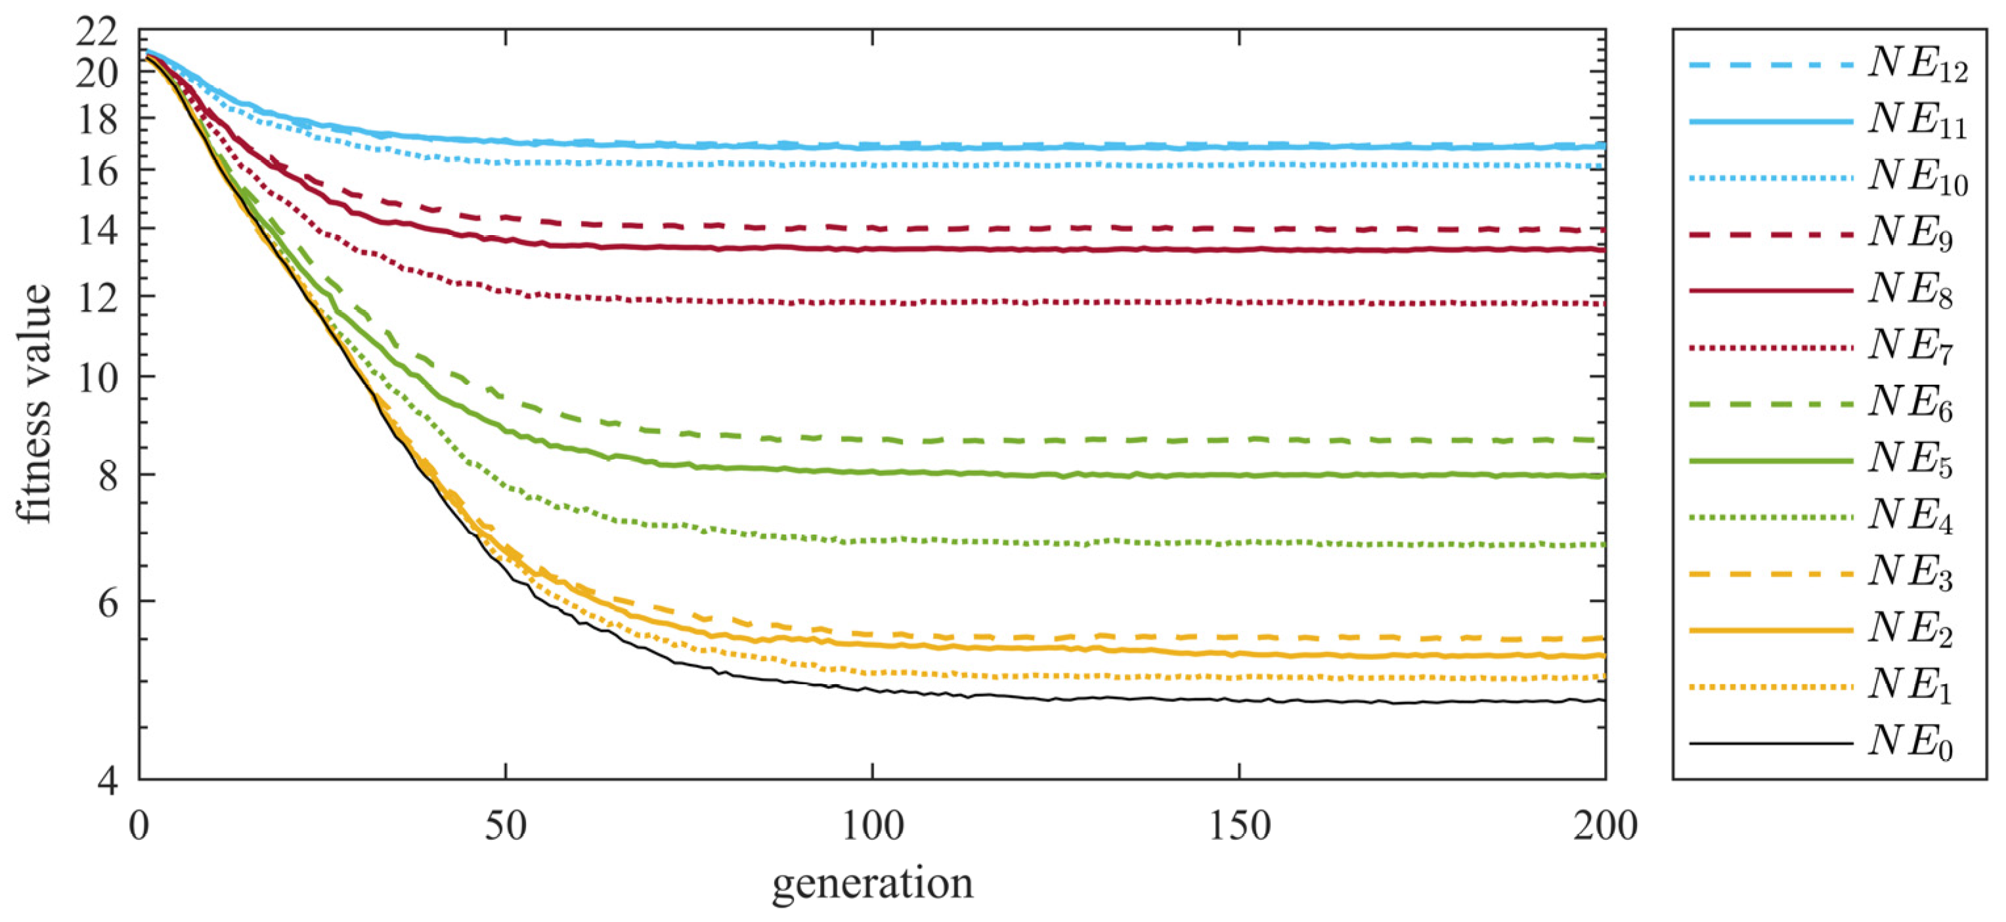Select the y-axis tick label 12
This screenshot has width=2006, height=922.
(97, 297)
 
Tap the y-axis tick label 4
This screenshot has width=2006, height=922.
(108, 779)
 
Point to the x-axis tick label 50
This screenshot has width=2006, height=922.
(506, 826)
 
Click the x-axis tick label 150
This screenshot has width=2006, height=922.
(1238, 826)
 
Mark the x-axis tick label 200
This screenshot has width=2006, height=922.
(1604, 826)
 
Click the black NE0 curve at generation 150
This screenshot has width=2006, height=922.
(1238, 700)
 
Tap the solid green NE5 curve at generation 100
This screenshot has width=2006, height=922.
(872, 472)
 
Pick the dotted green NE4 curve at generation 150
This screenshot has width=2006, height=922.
(1238, 543)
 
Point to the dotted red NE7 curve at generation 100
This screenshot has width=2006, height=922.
(872, 302)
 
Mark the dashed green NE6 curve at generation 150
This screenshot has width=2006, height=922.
(1238, 440)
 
